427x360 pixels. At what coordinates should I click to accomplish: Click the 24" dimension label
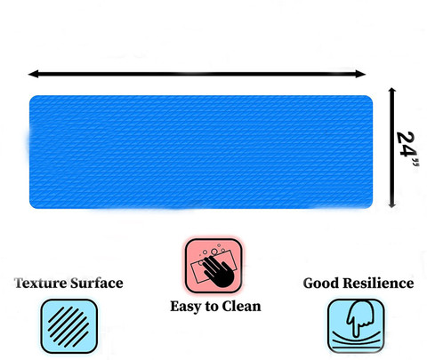click(407, 148)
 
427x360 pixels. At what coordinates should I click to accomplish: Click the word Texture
click(41, 284)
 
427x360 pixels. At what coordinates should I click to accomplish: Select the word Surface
click(97, 284)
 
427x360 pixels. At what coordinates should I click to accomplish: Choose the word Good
click(321, 284)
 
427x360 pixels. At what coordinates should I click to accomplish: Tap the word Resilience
click(378, 284)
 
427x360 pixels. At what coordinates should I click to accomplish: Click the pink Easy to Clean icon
click(213, 266)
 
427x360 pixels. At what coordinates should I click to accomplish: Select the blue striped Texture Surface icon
click(69, 326)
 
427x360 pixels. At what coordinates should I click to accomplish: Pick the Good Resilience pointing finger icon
click(356, 326)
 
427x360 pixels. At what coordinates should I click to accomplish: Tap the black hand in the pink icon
click(218, 271)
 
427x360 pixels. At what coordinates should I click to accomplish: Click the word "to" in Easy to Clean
click(213, 307)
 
